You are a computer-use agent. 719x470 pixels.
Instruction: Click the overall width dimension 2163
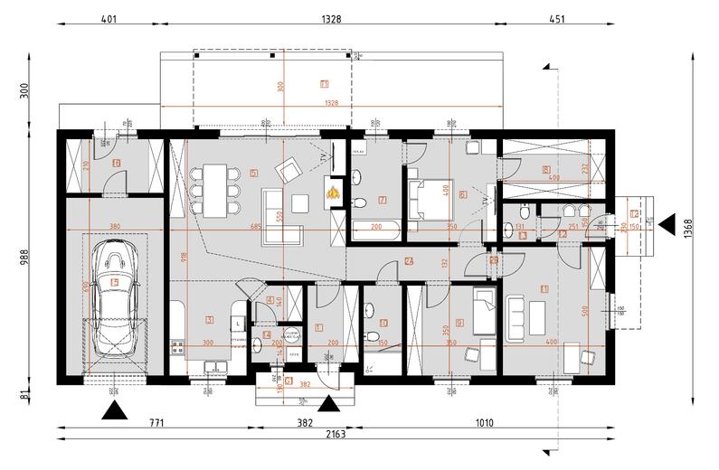338,435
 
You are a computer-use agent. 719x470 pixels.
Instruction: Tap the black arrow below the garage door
114,411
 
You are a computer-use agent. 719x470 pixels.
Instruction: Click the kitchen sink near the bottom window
215,366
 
